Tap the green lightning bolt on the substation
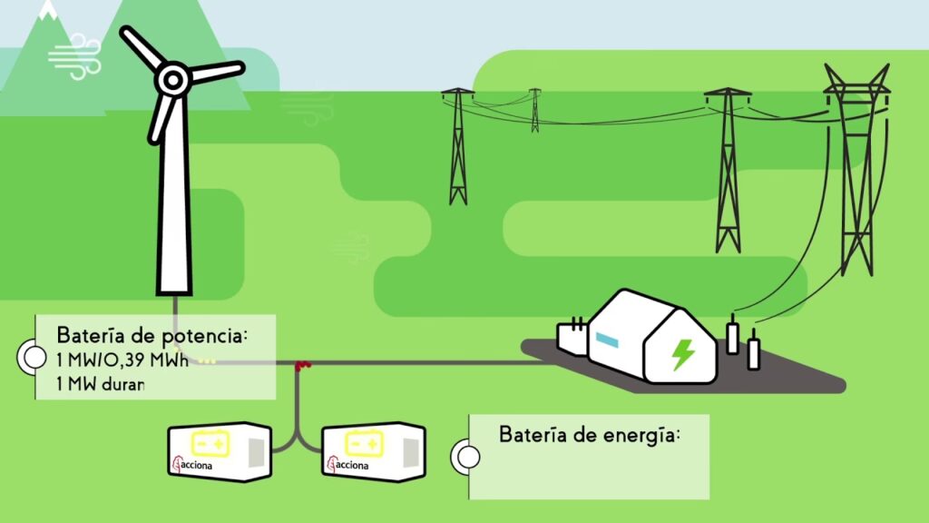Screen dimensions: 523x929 tap(681, 352)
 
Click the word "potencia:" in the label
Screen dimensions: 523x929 tap(204, 335)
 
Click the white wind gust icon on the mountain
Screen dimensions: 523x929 tap(74, 55)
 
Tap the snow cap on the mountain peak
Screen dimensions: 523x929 tap(47, 11)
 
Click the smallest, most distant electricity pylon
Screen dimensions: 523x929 tap(535, 109)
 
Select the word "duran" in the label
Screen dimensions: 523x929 tap(120, 383)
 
